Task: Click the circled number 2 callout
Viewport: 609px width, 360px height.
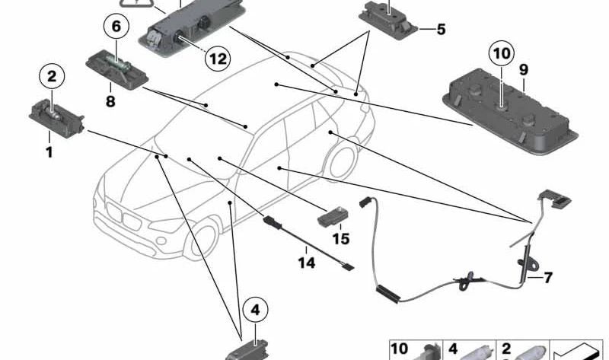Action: pos(52,76)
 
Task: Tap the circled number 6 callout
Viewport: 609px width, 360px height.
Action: pos(116,27)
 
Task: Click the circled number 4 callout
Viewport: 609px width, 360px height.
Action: pos(256,310)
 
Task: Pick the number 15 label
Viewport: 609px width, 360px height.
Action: pos(340,239)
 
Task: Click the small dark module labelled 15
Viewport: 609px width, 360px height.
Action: pos(332,215)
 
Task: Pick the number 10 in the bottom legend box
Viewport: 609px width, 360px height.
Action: pos(400,349)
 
